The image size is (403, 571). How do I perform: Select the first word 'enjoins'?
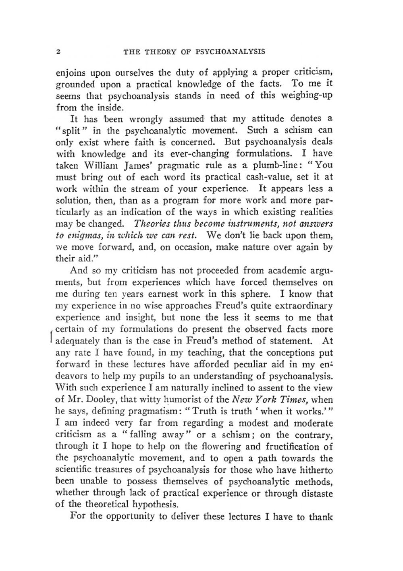pyautogui.click(x=70, y=73)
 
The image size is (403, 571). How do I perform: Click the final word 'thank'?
pyautogui.click(x=320, y=517)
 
